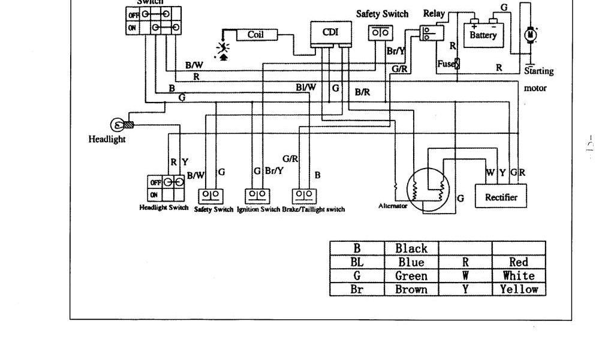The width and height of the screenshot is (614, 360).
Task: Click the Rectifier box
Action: coord(502,197)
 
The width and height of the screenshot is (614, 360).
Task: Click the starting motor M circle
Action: coord(530,35)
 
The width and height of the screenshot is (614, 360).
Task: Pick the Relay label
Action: coord(434,13)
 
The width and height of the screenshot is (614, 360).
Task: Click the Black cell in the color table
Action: coord(411,248)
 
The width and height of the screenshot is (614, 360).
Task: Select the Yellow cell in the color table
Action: coord(519,289)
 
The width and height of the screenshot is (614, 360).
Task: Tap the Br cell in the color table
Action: coord(357,289)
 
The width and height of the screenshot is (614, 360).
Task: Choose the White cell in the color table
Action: coord(519,276)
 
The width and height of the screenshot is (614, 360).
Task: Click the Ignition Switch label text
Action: coord(258,209)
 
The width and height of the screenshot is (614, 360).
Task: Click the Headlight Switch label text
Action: coord(164,208)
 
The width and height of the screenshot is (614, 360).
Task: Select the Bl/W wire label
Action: coord(306,87)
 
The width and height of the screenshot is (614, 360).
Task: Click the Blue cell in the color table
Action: coord(411,262)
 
